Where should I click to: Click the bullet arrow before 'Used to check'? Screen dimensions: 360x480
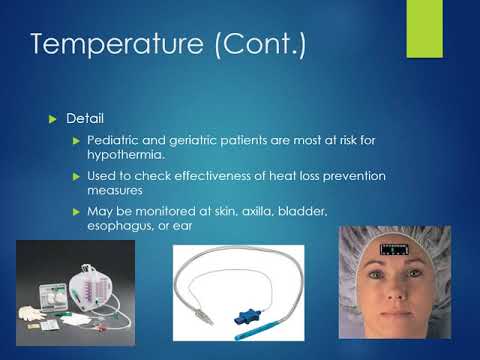click(77, 176)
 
